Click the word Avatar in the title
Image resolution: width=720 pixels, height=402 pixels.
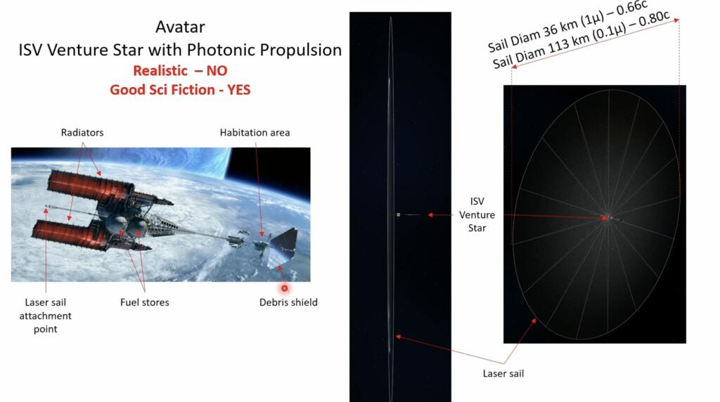pyautogui.click(x=180, y=27)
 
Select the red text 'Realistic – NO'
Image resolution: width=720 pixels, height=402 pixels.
pyautogui.click(x=180, y=70)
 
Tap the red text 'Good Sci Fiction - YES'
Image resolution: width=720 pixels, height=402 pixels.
pyautogui.click(x=180, y=89)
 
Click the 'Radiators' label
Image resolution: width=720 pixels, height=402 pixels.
pyautogui.click(x=82, y=133)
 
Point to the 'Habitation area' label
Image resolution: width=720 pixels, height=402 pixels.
pyautogui.click(x=255, y=133)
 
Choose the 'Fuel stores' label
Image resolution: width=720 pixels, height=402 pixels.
pyautogui.click(x=145, y=302)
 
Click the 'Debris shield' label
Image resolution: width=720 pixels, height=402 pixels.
pyautogui.click(x=288, y=302)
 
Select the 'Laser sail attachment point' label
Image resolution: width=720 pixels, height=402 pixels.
pyautogui.click(x=46, y=316)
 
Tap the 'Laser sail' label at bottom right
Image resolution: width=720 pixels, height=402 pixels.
pyautogui.click(x=503, y=374)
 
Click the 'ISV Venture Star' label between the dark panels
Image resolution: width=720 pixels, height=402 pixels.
pyautogui.click(x=477, y=214)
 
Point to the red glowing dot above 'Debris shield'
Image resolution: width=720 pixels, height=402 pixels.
pyautogui.click(x=285, y=288)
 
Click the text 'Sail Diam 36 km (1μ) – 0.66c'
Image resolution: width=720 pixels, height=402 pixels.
pyautogui.click(x=567, y=27)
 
